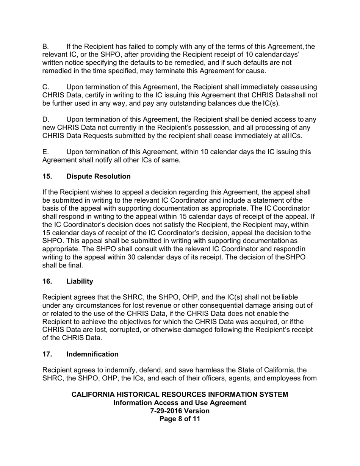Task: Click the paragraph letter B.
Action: tap(45, 47)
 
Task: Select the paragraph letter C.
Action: tap(45, 87)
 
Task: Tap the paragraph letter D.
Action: tap(45, 120)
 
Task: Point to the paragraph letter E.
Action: tap(45, 152)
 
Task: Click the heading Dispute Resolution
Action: tap(98, 177)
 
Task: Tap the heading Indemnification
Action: tap(92, 354)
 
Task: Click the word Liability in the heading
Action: tap(80, 281)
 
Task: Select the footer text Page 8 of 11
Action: tap(180, 419)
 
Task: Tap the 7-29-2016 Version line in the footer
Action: tap(180, 411)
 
